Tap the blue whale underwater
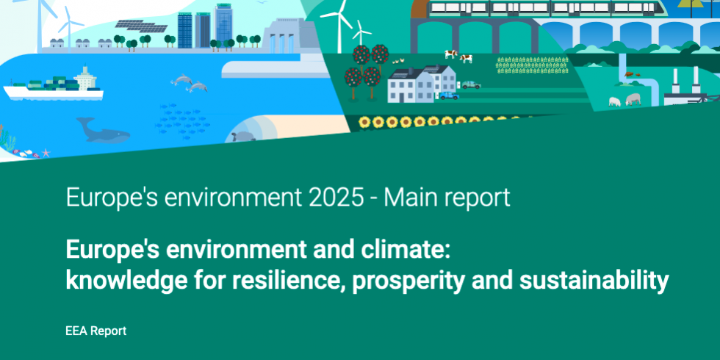pos(104,132)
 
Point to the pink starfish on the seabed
pos(46,153)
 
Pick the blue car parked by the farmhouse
pos(447,96)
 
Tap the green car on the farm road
pos(470,84)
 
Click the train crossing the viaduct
pos(544,9)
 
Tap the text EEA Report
pos(96,331)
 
